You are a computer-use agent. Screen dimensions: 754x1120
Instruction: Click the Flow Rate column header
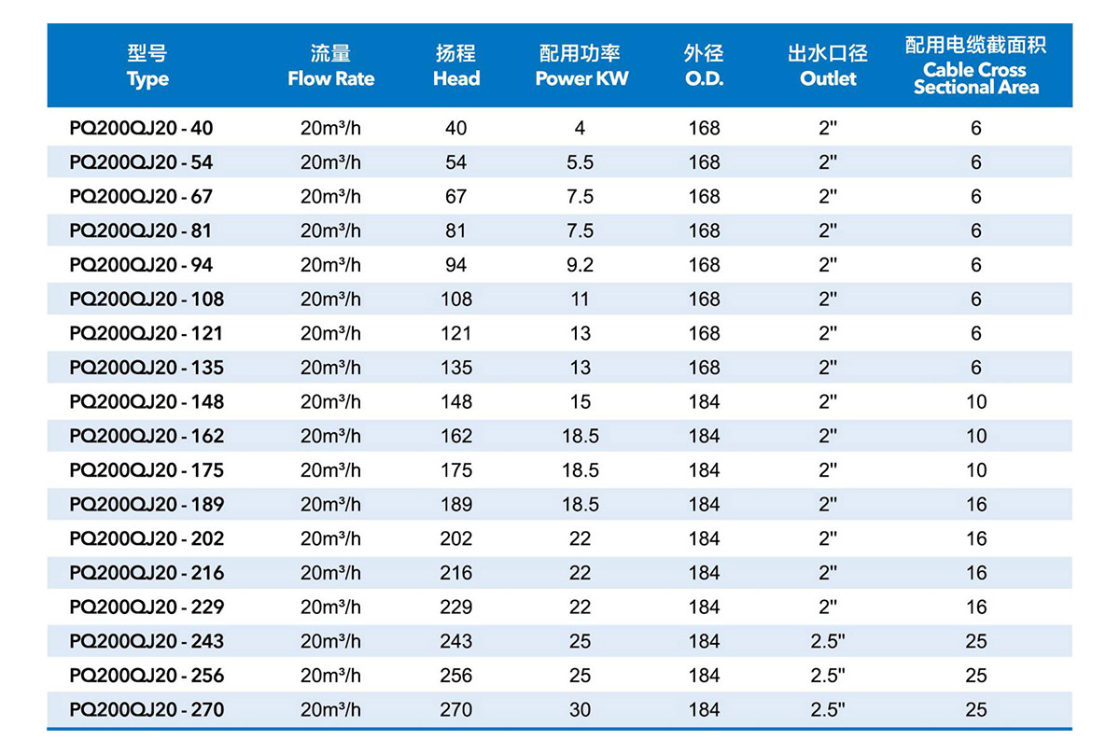click(330, 66)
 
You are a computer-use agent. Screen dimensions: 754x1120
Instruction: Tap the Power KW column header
click(581, 66)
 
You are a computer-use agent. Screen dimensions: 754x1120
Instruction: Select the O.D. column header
click(704, 66)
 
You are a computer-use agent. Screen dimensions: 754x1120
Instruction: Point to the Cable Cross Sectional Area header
click(975, 65)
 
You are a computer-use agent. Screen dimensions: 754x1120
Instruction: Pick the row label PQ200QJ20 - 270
click(147, 710)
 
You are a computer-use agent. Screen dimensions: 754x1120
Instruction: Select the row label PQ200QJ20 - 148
click(147, 402)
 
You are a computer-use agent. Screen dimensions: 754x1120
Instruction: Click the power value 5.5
click(580, 162)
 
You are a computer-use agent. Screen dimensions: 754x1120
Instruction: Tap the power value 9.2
click(580, 265)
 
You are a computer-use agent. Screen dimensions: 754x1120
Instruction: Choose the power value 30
click(580, 710)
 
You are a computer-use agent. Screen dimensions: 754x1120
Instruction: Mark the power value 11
click(580, 300)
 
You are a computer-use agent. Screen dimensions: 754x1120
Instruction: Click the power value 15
click(580, 402)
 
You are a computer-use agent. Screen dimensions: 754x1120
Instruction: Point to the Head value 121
click(455, 333)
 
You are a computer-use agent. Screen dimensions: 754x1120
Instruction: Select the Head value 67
click(455, 197)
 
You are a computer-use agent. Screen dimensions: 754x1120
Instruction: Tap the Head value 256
click(455, 676)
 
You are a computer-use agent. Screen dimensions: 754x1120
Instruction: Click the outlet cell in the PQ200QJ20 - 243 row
click(828, 642)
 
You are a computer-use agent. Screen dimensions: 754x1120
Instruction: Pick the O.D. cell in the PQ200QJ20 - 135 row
click(704, 368)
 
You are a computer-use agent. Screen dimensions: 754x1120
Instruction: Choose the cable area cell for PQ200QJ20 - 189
click(976, 505)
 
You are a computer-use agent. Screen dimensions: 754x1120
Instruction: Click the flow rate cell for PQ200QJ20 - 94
click(330, 265)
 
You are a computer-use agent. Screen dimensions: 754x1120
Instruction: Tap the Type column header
click(147, 66)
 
